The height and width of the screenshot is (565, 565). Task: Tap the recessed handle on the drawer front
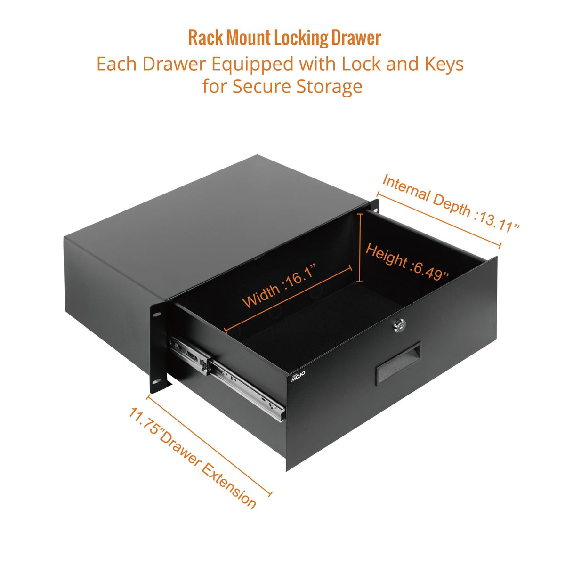pyautogui.click(x=397, y=364)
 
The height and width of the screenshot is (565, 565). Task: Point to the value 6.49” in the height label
pyautogui.click(x=429, y=270)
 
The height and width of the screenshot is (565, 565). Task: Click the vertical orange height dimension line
pyautogui.click(x=360, y=247)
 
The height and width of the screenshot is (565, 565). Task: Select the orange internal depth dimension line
pyautogui.click(x=439, y=218)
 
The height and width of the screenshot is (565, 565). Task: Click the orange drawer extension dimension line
pyautogui.click(x=209, y=445)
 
